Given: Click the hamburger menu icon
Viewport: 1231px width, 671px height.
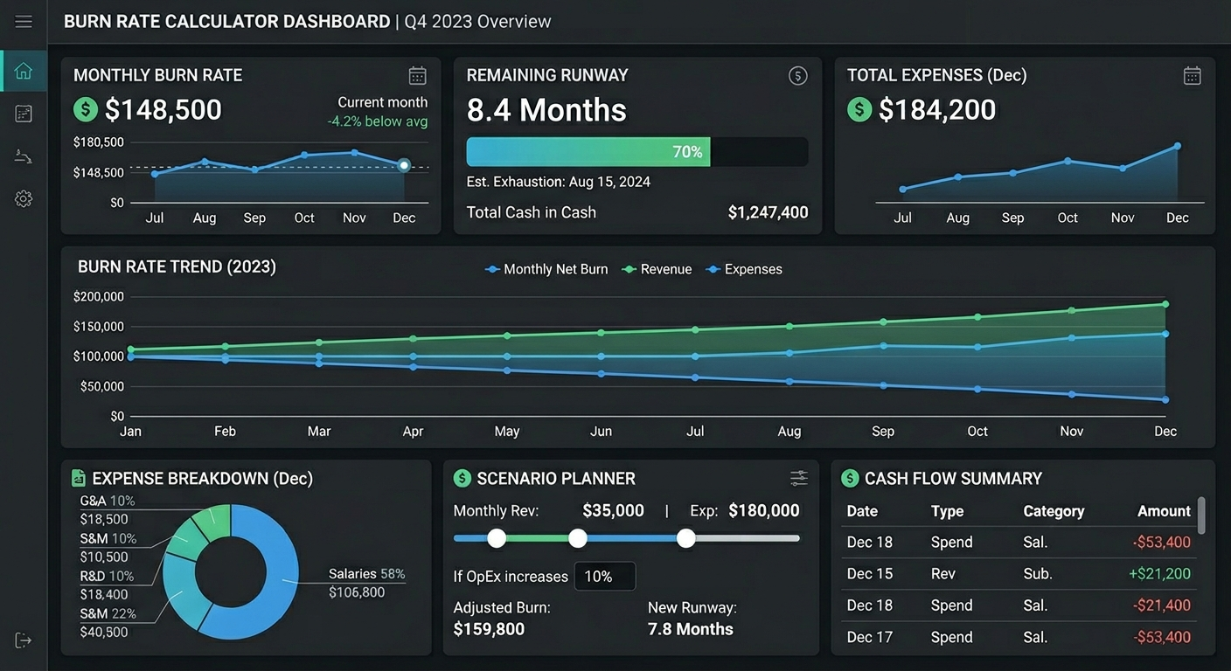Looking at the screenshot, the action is [x=23, y=22].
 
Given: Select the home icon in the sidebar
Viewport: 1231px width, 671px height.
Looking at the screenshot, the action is [x=23, y=71].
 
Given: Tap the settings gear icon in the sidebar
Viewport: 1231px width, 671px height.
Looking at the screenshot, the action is [x=23, y=199].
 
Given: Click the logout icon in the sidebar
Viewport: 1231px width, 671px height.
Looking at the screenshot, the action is [x=23, y=640].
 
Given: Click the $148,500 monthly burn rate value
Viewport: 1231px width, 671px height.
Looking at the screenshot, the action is [x=163, y=109].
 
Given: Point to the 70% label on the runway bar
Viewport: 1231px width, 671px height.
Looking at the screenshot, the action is [x=687, y=152].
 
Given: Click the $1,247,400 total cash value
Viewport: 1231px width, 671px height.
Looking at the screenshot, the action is [x=768, y=212].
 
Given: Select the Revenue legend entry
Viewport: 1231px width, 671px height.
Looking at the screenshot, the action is [x=657, y=269].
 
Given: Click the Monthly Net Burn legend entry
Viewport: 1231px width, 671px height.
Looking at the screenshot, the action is [x=546, y=269].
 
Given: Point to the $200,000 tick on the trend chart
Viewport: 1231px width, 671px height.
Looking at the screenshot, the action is [x=99, y=296].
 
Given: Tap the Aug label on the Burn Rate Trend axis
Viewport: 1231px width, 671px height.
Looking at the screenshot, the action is [x=789, y=432].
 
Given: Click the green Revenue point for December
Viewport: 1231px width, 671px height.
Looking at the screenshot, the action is [x=1165, y=304].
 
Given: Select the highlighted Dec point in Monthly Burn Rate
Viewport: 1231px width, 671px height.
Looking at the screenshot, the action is [x=404, y=165].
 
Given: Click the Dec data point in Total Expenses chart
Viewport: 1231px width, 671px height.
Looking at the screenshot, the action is [x=1177, y=146].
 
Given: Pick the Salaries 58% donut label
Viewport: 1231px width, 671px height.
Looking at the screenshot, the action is [x=366, y=574].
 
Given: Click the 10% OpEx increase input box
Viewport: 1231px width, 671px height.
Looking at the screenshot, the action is [x=604, y=577].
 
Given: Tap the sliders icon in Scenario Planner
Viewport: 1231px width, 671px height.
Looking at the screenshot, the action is [x=798, y=478].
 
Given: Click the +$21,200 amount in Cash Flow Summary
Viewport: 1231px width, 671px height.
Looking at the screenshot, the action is [x=1159, y=574].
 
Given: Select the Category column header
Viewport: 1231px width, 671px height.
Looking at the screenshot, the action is [x=1054, y=511].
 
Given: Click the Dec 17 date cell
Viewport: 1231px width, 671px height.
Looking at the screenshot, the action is [x=869, y=637].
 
